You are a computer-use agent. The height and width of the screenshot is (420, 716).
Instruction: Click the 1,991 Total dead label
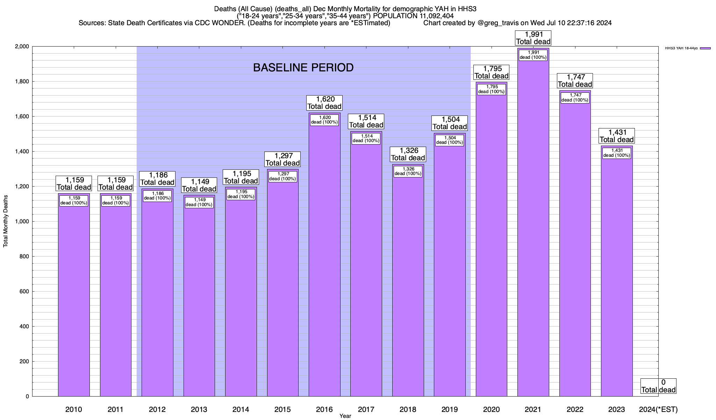click(533, 38)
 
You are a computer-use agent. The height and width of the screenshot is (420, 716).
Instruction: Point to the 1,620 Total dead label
click(324, 103)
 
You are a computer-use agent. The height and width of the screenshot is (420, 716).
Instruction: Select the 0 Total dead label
click(658, 386)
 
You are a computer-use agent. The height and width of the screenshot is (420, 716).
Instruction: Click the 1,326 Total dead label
click(408, 154)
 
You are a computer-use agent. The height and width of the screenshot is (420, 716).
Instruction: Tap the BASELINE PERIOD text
click(303, 68)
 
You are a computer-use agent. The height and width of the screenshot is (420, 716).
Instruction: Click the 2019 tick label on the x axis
click(450, 409)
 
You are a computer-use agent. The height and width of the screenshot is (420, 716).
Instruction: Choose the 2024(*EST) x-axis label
click(658, 409)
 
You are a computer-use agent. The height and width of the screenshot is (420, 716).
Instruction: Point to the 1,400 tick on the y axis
click(22, 152)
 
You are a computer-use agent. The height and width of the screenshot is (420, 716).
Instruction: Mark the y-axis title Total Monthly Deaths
click(6, 222)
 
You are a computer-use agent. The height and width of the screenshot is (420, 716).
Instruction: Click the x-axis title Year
click(345, 416)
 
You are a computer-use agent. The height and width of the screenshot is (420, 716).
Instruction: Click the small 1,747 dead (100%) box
click(575, 98)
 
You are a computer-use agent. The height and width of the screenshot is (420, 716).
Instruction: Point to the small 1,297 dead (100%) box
click(282, 176)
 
